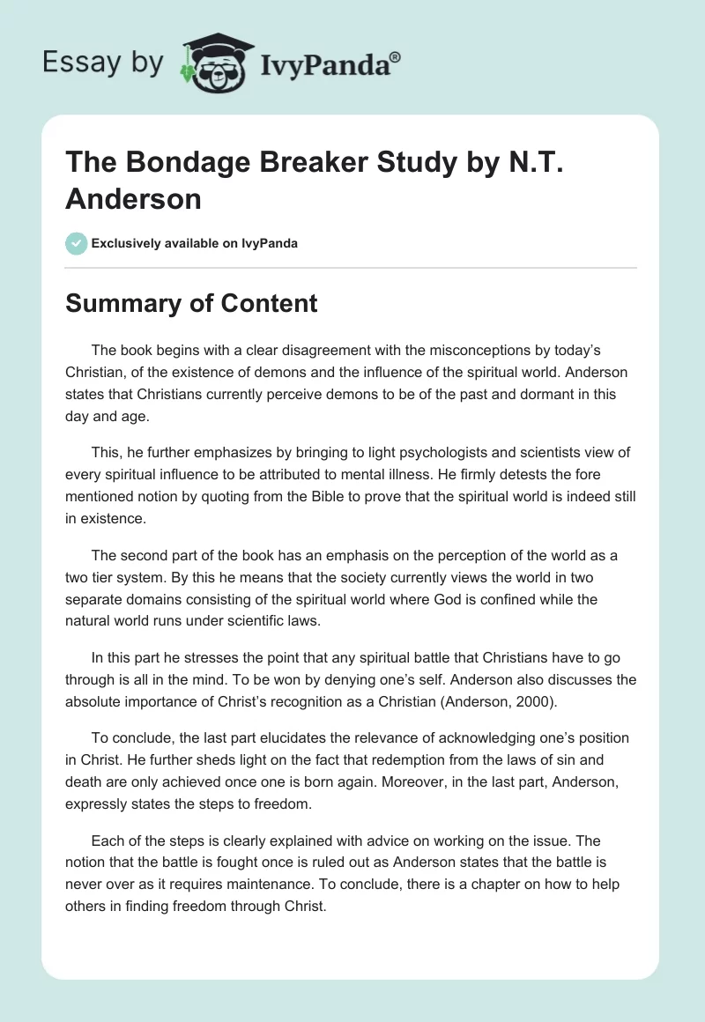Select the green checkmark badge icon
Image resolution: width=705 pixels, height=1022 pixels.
77,243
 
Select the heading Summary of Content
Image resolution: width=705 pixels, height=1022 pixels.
191,303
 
